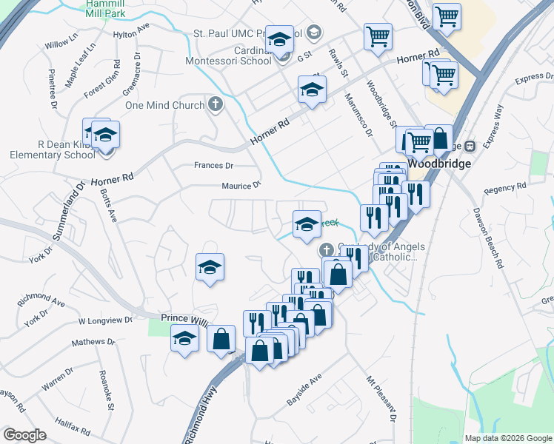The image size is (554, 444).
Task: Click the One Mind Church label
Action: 164,105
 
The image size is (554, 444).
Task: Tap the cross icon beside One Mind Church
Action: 216,104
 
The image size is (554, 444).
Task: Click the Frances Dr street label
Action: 213,166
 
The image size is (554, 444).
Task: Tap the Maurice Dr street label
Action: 241,186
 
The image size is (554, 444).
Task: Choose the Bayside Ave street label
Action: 304,389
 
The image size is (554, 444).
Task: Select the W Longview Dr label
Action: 105,320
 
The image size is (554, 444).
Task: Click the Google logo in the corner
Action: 24,435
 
